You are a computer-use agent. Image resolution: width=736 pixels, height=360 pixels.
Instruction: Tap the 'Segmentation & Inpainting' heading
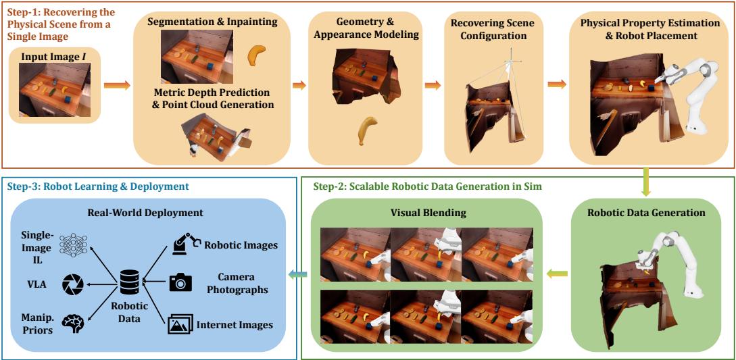pyautogui.click(x=212, y=22)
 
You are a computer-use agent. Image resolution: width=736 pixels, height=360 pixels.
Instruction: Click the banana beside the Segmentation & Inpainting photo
pyautogui.click(x=256, y=56)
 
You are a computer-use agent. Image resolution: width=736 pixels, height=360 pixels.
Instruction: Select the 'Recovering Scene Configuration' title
pyautogui.click(x=493, y=29)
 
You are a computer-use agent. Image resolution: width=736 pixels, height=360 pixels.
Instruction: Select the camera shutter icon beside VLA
pyautogui.click(x=72, y=284)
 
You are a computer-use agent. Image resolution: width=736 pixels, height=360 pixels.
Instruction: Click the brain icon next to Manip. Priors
pyautogui.click(x=72, y=323)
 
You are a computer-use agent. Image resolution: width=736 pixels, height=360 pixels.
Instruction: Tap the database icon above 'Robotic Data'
pyautogui.click(x=129, y=282)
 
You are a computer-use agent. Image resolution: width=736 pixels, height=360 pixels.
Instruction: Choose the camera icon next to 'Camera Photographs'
pyautogui.click(x=180, y=282)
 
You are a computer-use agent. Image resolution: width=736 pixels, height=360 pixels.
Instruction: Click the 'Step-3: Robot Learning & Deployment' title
pyautogui.click(x=98, y=186)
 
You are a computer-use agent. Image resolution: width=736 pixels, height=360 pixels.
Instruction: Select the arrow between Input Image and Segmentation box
pyautogui.click(x=117, y=85)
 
